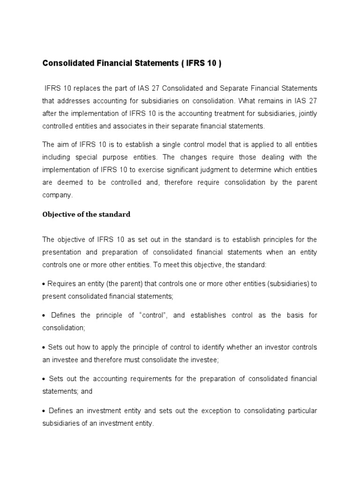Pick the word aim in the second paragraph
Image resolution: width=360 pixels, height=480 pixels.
pyautogui.click(x=63, y=144)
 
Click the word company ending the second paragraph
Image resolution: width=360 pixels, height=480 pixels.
pyautogui.click(x=57, y=195)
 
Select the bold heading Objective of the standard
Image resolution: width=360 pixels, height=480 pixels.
pyautogui.click(x=86, y=214)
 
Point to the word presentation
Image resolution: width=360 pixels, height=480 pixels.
pyautogui.click(x=61, y=252)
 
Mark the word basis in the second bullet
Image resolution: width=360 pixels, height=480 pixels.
pyautogui.click(x=293, y=315)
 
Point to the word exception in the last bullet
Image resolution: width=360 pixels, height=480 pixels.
pyautogui.click(x=215, y=411)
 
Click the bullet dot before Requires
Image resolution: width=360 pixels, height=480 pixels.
pyautogui.click(x=44, y=284)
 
